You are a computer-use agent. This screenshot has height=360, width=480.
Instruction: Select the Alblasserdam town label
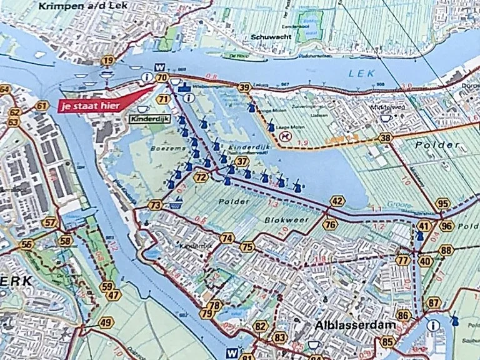[x=346, y=326]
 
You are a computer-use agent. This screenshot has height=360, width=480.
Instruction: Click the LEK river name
[x=362, y=73]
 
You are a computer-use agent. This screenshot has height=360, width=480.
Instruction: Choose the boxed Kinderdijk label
[x=149, y=117]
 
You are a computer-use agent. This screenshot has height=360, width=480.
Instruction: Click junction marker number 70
[x=162, y=77]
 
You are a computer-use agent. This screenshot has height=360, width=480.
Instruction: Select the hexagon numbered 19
[x=109, y=61]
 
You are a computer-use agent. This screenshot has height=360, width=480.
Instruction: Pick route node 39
[x=244, y=88]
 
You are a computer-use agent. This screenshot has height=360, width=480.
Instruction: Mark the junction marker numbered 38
[x=386, y=137]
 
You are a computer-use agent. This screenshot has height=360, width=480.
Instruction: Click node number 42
[x=337, y=201]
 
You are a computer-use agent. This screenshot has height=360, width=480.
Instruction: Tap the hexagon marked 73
[x=156, y=205]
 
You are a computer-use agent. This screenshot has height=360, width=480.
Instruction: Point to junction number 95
[x=443, y=203]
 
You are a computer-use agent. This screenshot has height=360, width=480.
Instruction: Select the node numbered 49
[x=106, y=322]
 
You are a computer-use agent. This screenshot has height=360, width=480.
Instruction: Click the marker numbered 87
[x=434, y=303]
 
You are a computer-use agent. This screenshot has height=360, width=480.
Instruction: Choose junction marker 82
[x=261, y=326]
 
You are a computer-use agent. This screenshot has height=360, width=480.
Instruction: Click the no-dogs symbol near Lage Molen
[x=286, y=134]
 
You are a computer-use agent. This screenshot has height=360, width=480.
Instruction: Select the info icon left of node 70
[x=147, y=77]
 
